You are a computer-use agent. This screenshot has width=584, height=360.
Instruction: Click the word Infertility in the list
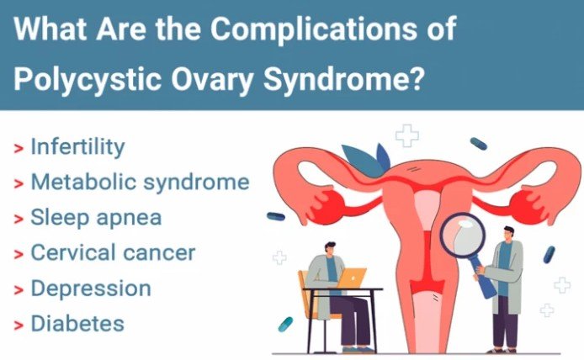pos(77,146)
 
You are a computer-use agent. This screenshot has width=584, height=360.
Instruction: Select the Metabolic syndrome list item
pos(140,182)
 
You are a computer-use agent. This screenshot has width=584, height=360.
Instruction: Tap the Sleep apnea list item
pos(96,217)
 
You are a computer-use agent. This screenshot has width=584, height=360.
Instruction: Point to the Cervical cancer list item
pos(113,252)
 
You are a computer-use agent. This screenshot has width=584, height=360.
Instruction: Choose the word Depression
pos(91,289)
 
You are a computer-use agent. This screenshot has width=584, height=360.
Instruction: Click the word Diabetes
pos(77,323)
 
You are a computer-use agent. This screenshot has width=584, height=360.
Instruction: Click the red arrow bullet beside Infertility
pos(19,149)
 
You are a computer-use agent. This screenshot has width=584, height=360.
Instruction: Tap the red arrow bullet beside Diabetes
pos(19,326)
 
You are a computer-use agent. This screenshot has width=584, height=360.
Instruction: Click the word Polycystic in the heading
pos(88,79)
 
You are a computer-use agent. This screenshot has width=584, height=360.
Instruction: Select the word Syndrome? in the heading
pos(344,79)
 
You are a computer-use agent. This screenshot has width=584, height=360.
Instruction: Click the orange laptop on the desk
pos(351,278)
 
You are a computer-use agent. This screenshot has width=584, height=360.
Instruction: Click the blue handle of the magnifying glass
pos(483,276)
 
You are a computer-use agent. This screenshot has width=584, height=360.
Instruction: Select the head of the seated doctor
pos(330,249)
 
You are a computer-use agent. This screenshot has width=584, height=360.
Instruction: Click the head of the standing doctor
pos(508,234)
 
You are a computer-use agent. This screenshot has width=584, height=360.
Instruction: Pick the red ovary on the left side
pos(328,207)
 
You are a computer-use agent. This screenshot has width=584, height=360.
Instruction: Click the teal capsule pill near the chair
pos(285,325)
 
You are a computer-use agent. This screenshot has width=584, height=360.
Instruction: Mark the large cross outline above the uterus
pos(407,135)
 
